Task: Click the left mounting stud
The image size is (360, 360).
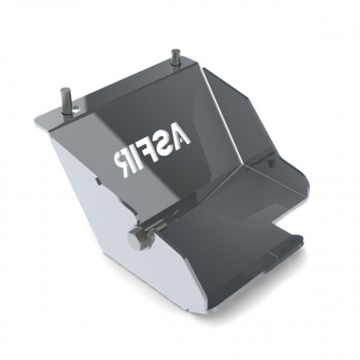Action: pyautogui.click(x=64, y=101)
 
